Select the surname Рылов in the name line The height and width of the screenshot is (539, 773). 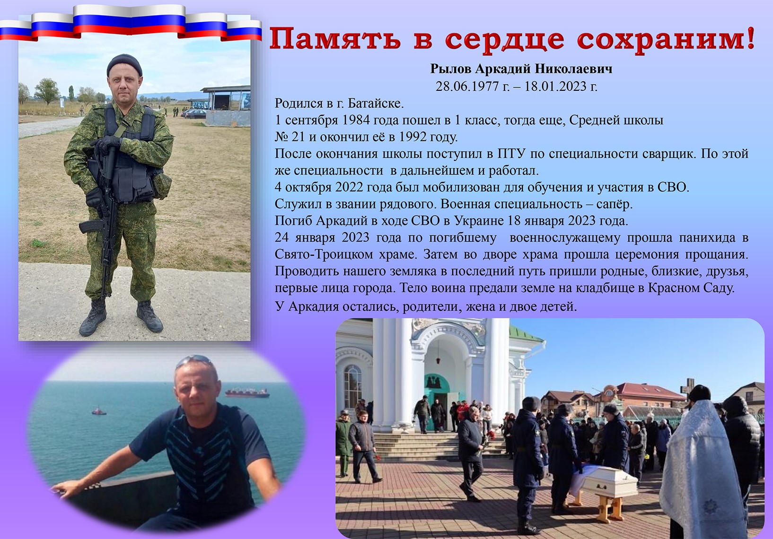click(450, 69)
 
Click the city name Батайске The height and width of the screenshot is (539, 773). click(376, 103)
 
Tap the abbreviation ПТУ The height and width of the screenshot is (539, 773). click(510, 154)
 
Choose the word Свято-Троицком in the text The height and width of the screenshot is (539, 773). click(324, 254)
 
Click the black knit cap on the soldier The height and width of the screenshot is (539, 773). click(124, 66)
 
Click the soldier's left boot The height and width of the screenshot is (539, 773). click(149, 316)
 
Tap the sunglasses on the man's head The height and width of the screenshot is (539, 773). click(193, 360)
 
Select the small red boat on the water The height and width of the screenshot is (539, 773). click(99, 411)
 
